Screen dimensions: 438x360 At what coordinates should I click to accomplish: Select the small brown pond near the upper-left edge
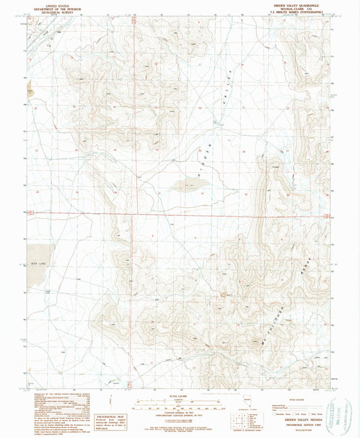coord(30,87)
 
